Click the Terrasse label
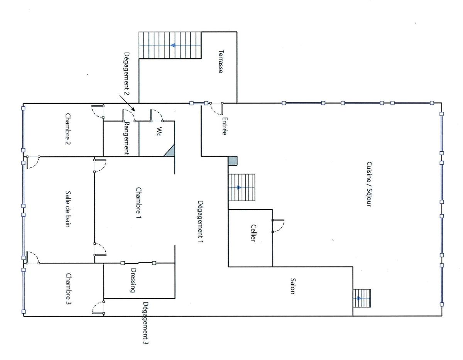221,62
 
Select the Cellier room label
253,233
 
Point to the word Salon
293,286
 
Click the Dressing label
133,281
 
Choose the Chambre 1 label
139,203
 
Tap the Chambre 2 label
68,128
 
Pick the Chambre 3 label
69,289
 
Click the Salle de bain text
68,209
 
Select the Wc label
159,132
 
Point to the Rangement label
127,138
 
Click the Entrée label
225,126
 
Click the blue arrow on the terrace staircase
173,45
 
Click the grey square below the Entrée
232,161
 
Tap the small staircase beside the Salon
362,298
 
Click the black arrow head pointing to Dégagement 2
133,109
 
